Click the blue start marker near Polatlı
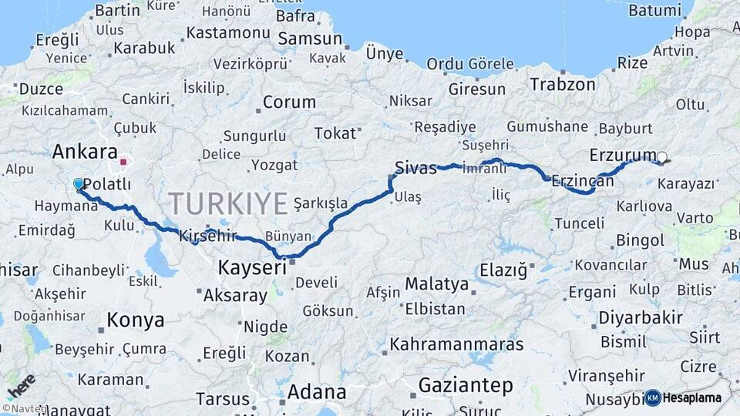point(78,184)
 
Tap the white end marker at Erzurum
point(661,157)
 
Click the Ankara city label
point(85,152)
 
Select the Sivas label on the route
point(415,167)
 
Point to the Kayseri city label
point(252,267)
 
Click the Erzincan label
point(583,182)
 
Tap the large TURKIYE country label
point(228,203)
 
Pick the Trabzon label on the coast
point(563,84)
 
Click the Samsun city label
point(309,39)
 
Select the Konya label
point(135,320)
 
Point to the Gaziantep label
point(466,384)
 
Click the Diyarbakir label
point(641,317)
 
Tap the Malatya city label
point(436,284)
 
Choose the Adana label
point(316,392)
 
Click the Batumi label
point(655,10)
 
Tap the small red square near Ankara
point(123,163)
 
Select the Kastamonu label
point(227,32)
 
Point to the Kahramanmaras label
point(456,344)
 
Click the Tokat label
point(335,133)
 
